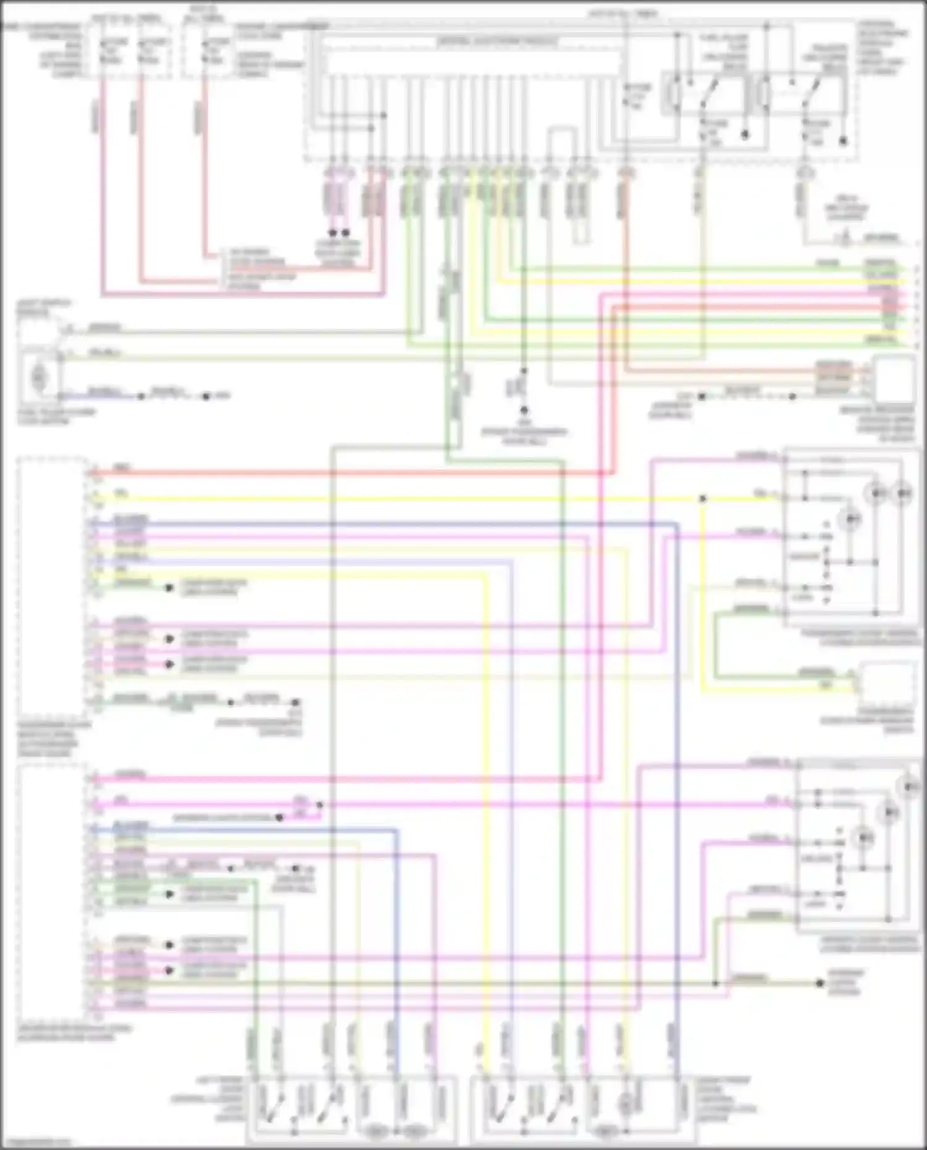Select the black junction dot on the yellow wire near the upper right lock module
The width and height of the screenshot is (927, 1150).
703,498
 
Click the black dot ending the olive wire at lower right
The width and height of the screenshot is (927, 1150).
820,983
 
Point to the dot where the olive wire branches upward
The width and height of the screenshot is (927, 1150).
716,983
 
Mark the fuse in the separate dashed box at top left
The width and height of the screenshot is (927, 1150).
207,51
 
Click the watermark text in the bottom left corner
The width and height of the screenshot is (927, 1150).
35,1143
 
